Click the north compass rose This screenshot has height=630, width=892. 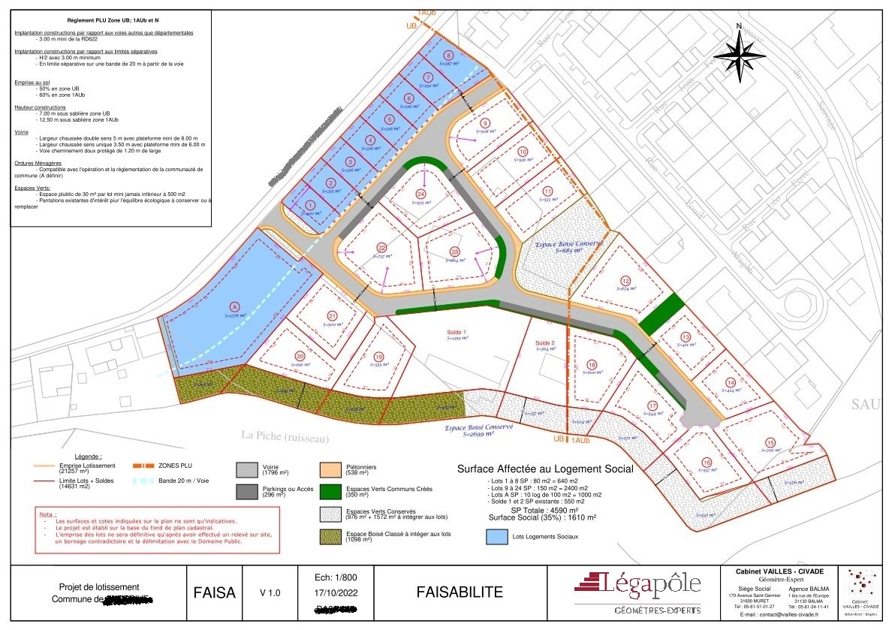[x=740, y=53]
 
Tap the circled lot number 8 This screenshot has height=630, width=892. [x=448, y=56]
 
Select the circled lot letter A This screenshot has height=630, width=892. [x=234, y=306]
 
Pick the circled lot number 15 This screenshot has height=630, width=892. [x=770, y=442]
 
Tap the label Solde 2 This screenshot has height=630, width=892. [x=546, y=343]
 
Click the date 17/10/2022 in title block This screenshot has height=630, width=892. [x=332, y=592]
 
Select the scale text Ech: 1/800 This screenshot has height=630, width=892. [x=331, y=577]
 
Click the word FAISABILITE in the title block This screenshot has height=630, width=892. [x=460, y=592]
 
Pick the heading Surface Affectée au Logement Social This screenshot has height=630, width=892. [x=545, y=469]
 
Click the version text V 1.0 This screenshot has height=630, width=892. [x=270, y=593]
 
